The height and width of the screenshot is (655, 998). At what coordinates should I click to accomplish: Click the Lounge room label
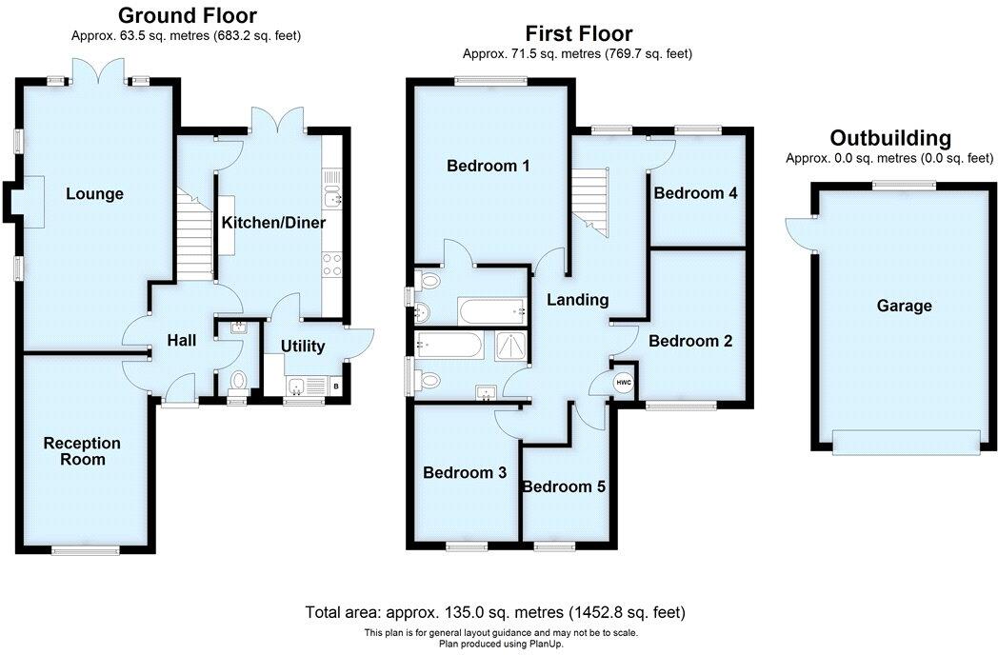[94, 194]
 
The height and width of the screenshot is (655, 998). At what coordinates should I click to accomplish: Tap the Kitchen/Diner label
[273, 223]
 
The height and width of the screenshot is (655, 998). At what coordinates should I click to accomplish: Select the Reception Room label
[82, 451]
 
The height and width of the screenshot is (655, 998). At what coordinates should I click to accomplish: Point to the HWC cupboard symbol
[624, 383]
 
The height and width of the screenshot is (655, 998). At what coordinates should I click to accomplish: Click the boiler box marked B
[335, 386]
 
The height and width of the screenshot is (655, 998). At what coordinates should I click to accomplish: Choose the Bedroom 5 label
[564, 486]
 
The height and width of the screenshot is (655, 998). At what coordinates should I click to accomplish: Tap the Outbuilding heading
[889, 138]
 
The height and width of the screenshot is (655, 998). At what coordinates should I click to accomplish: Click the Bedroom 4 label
[695, 193]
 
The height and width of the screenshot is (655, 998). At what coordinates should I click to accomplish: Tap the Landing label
[577, 300]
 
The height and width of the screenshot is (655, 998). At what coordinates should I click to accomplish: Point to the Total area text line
[495, 611]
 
